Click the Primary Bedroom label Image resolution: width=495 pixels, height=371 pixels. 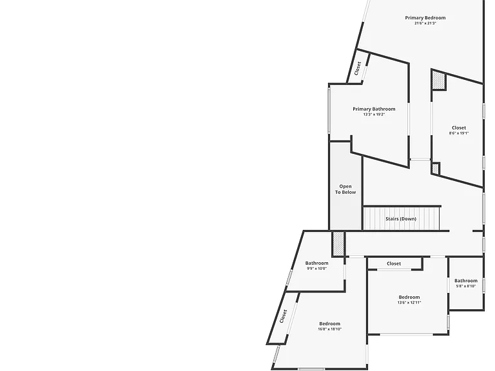point(425,17)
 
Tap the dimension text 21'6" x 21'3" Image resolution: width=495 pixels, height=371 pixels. point(425,23)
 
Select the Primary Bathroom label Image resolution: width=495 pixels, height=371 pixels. point(374,109)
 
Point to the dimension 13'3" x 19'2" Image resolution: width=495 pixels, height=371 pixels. point(374,115)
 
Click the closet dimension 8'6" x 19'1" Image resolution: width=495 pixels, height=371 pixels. point(459,133)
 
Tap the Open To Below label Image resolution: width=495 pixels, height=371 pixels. point(345,189)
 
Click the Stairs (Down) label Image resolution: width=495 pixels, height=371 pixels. point(401,218)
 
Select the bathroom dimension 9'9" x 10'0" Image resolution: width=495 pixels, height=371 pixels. point(316,269)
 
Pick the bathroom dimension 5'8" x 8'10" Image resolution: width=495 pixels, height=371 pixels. point(466,286)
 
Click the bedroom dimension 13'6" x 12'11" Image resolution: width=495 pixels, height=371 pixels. point(409,303)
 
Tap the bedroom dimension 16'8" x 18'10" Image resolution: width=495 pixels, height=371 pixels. point(329,329)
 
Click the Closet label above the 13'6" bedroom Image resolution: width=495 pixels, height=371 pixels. point(394,263)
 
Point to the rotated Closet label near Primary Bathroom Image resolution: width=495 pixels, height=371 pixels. point(358,68)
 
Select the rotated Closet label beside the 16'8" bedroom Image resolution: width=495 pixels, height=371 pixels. point(284,316)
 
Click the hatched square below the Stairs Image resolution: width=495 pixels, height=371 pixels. point(338,243)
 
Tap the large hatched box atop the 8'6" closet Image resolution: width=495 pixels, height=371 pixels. point(438,80)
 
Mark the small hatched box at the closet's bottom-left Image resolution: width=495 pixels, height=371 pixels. point(435,169)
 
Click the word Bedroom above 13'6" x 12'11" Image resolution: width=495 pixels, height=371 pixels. point(409,297)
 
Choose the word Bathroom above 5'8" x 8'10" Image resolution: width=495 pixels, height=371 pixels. point(466,280)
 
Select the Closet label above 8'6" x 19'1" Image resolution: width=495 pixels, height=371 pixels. point(459,128)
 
